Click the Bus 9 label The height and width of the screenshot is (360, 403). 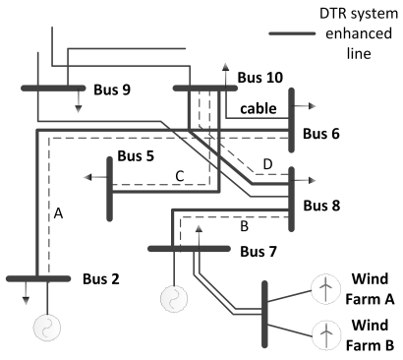coord(112,90)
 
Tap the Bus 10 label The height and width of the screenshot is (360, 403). coord(260,78)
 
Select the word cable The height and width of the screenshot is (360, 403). coord(259,108)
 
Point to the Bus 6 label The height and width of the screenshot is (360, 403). coord(321,134)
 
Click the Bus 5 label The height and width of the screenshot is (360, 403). coord(136,156)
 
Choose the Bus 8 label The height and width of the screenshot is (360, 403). coord(321,206)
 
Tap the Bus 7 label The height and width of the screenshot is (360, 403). coord(259,252)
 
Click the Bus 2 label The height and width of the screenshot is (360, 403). coord(101,279)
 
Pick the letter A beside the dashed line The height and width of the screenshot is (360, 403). coord(58,213)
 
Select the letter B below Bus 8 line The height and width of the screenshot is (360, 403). coord(245,226)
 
